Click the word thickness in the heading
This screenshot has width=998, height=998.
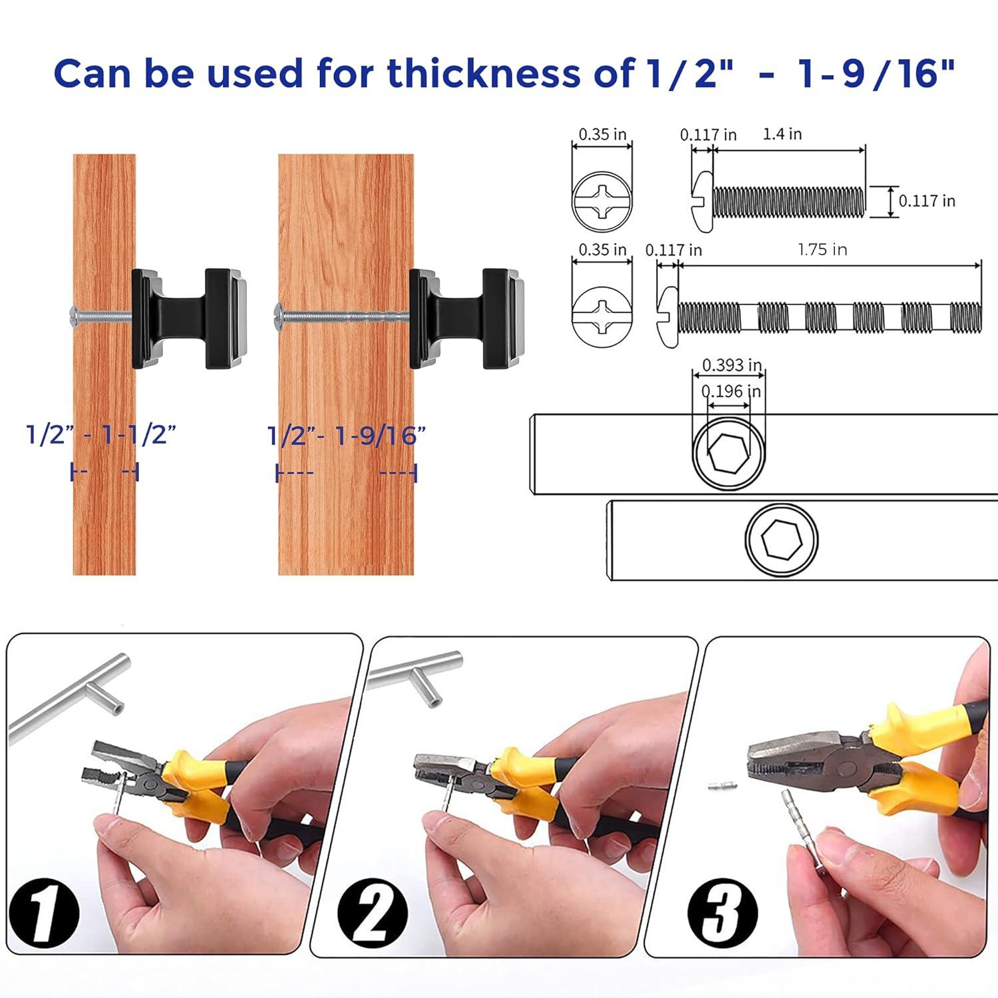coord(484,73)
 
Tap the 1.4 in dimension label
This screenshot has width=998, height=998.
coord(782,134)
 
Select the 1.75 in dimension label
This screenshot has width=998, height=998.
coord(822,249)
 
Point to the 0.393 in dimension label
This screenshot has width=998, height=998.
coord(732,365)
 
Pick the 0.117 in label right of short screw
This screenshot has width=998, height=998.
coord(926,201)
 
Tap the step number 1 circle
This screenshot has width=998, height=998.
coord(44,912)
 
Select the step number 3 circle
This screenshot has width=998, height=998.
coord(722,912)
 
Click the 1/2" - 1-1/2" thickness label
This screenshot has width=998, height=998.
coord(101,434)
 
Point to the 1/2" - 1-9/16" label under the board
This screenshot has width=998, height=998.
coord(346,436)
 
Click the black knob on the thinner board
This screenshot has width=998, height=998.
coord(190,318)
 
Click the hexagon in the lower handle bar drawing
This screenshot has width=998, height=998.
coord(782,539)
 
